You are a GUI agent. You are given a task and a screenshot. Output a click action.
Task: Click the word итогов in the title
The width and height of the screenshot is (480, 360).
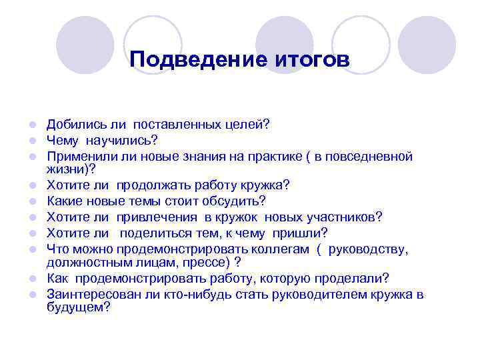coord(310,60)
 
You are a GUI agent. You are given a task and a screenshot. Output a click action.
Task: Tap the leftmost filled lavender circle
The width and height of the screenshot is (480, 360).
coord(85,45)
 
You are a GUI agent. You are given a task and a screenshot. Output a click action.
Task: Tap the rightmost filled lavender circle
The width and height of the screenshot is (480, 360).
coord(427,45)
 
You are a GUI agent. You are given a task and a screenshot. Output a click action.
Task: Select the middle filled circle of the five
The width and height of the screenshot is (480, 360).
coord(285,45)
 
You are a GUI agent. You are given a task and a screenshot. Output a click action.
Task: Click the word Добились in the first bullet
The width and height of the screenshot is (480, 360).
coord(72,124)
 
